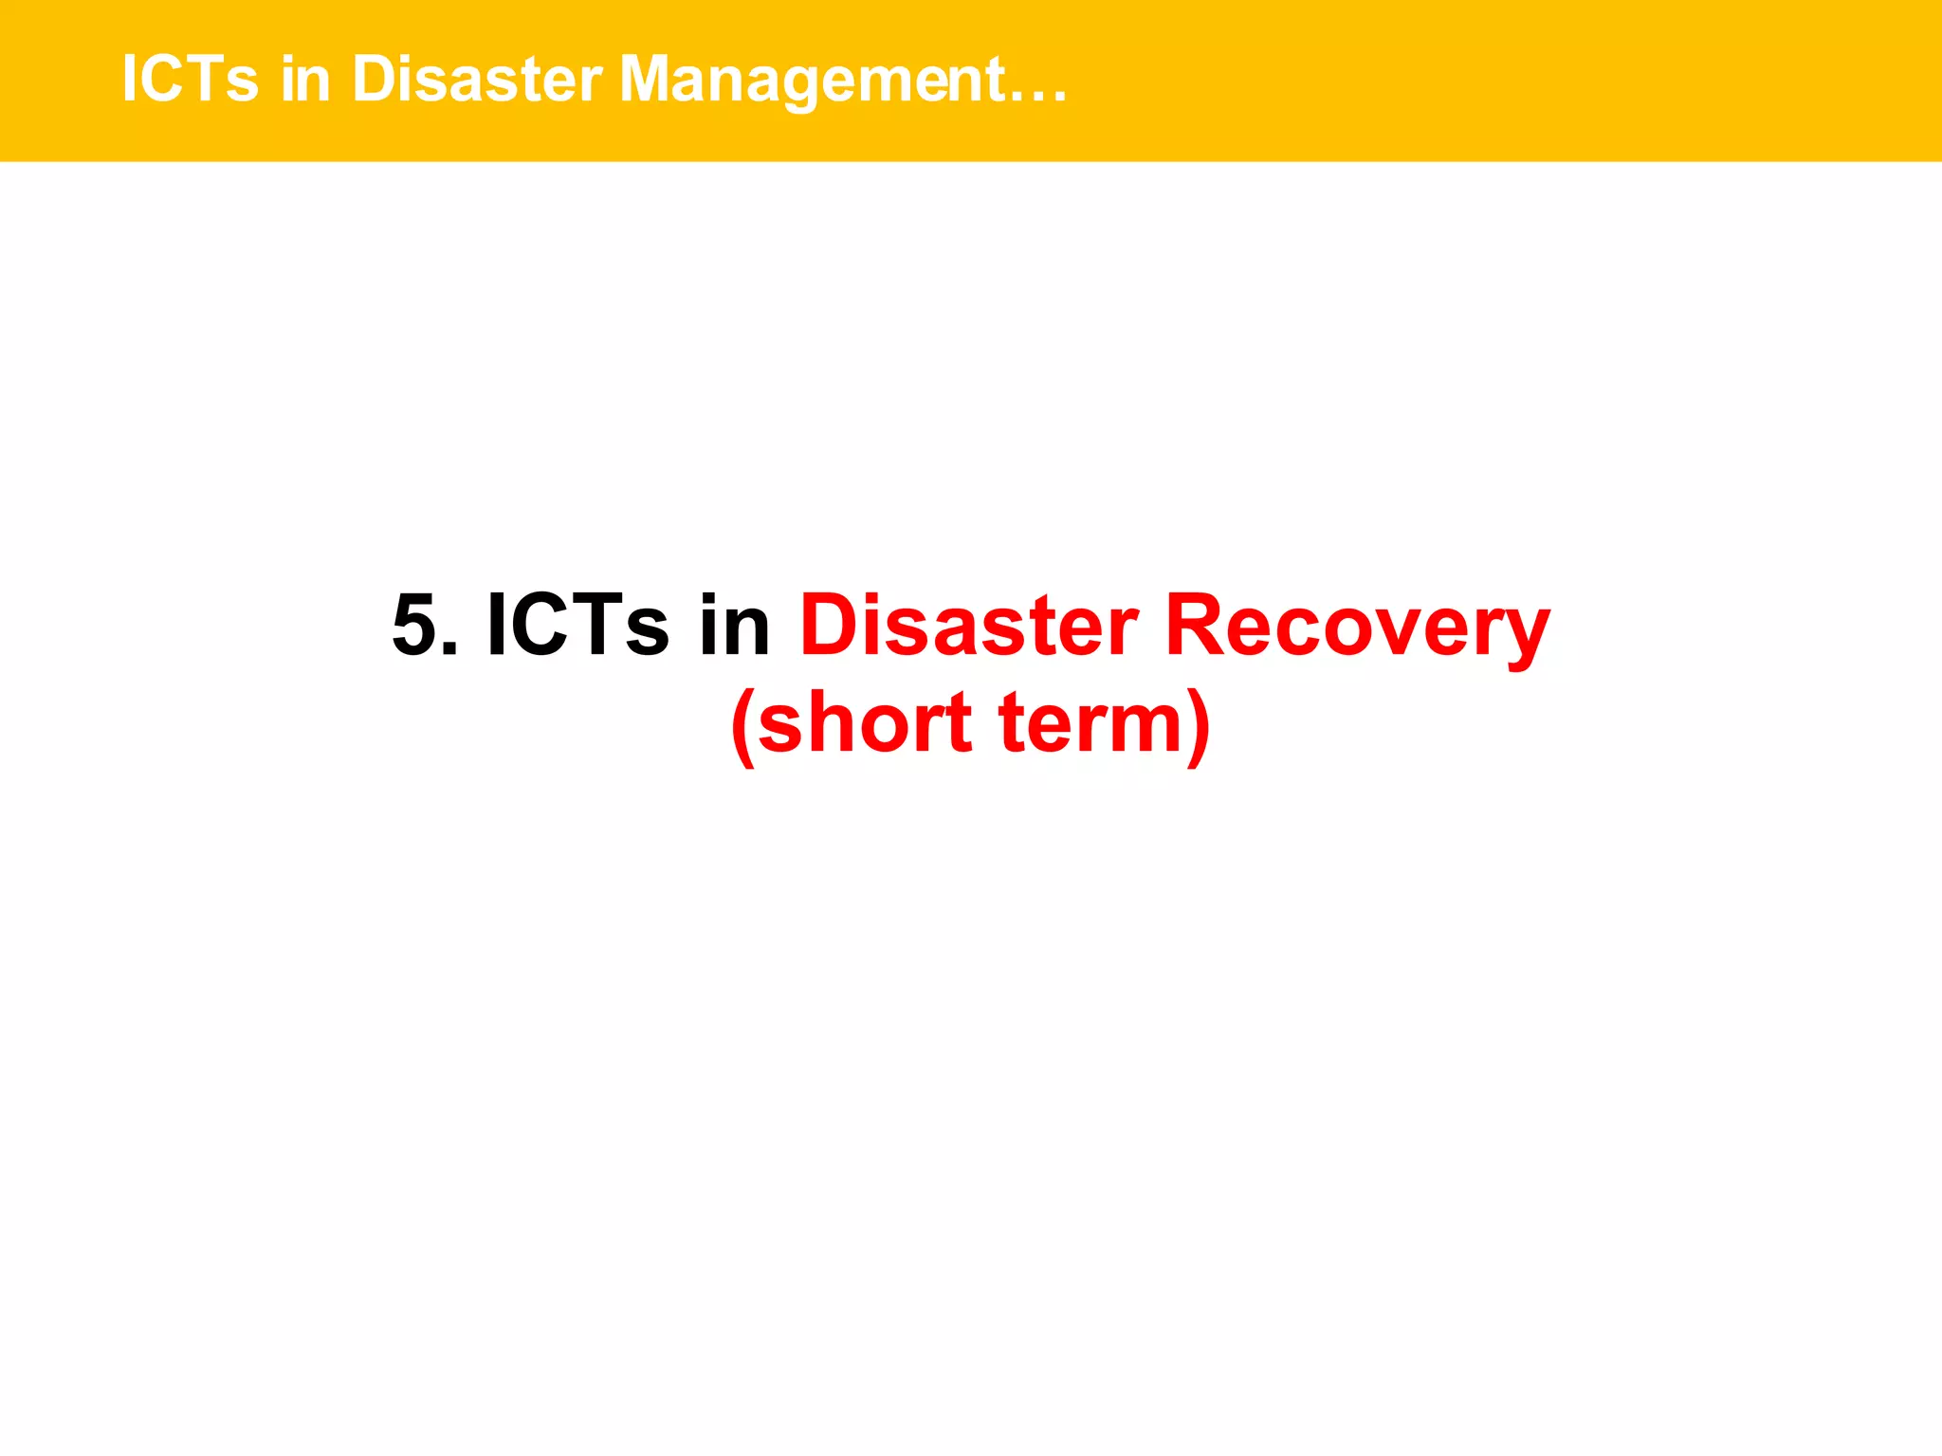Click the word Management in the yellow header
coord(812,80)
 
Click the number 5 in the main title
coord(414,626)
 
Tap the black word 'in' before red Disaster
coord(734,626)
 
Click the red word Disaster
coord(968,626)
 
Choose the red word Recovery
coord(1357,626)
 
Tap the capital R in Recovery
coord(1197,626)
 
